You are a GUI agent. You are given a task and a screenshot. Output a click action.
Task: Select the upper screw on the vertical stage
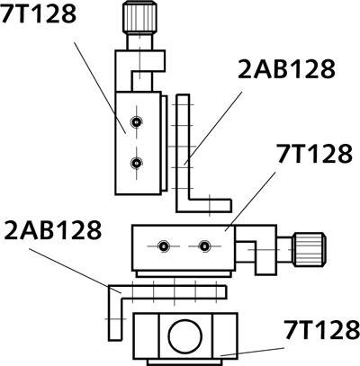(135, 121)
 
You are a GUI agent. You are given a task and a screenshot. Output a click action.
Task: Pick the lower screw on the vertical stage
(135, 163)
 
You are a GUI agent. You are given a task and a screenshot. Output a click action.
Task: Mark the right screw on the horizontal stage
(205, 245)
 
